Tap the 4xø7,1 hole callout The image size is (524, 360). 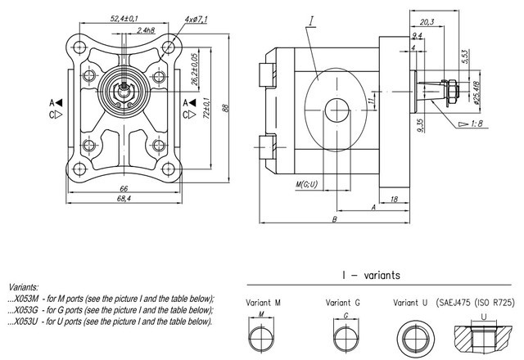tap(200, 18)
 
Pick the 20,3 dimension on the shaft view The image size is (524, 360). tap(425, 22)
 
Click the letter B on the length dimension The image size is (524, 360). tap(335, 219)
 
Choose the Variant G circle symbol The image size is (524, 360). tap(346, 335)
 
